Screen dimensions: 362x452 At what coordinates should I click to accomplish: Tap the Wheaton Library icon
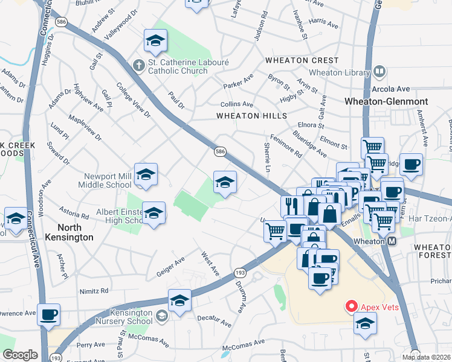click(379, 72)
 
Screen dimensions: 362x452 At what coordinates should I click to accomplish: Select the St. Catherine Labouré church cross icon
click(138, 65)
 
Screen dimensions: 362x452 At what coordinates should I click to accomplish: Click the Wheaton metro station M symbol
click(392, 241)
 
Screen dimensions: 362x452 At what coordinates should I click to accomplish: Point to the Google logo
click(20, 355)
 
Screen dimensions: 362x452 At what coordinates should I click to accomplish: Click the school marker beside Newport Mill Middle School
click(146, 175)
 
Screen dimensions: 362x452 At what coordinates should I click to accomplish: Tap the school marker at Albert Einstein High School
click(154, 213)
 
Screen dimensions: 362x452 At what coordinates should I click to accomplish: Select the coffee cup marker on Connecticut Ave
click(48, 314)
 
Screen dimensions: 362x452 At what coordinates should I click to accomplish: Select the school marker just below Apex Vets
click(364, 325)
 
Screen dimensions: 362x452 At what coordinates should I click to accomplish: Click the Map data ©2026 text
click(426, 357)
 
